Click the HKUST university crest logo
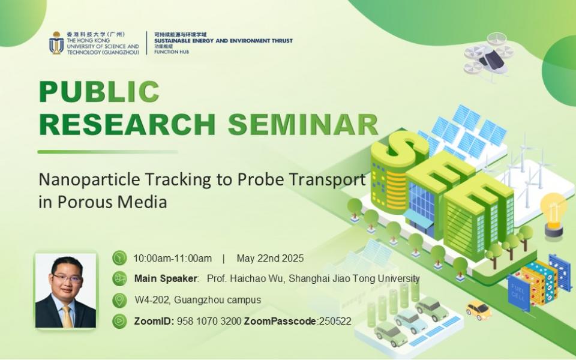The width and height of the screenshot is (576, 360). tap(56, 43)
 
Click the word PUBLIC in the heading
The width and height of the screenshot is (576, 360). tap(100, 91)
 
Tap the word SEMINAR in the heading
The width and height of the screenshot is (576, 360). tap(303, 125)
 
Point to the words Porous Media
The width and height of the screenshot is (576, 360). tap(112, 202)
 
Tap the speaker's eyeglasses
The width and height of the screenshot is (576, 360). tap(66, 278)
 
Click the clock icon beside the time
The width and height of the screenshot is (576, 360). tap(119, 258)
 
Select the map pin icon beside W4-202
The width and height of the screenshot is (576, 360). tap(119, 300)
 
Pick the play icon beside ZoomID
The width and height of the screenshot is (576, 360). tap(119, 321)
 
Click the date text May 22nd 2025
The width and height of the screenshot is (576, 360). tap(270, 258)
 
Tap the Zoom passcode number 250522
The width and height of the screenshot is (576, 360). tap(335, 321)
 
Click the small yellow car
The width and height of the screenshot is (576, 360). tap(479, 310)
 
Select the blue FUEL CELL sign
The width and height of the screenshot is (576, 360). tap(518, 292)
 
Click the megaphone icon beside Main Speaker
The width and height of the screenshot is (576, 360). tap(119, 278)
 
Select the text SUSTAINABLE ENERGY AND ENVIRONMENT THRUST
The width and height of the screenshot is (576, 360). tap(223, 41)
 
